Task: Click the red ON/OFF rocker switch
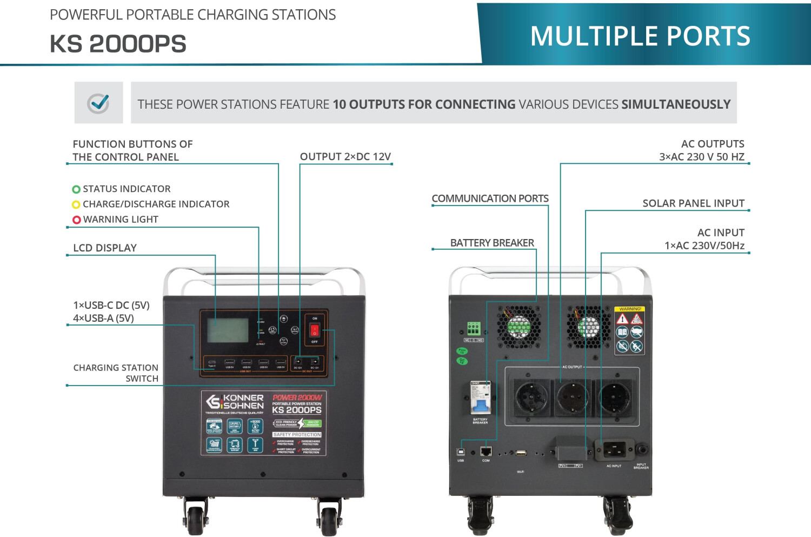pyautogui.click(x=315, y=330)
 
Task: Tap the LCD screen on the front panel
pyautogui.click(x=228, y=330)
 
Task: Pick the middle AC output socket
pyautogui.click(x=572, y=397)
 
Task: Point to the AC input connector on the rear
pyautogui.click(x=614, y=449)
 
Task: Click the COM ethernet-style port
pyautogui.click(x=486, y=452)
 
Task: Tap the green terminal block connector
pyautogui.click(x=474, y=329)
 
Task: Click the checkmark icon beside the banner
pyautogui.click(x=99, y=103)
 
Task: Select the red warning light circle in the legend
pyautogui.click(x=76, y=220)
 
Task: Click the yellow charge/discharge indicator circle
pyautogui.click(x=76, y=204)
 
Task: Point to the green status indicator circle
pyautogui.click(x=76, y=189)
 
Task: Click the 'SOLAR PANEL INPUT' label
pyautogui.click(x=693, y=203)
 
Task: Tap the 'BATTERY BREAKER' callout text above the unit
pyautogui.click(x=492, y=243)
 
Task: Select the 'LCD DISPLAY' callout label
pyautogui.click(x=105, y=248)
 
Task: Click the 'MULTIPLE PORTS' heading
pyautogui.click(x=640, y=36)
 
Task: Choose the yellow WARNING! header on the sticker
pyautogui.click(x=630, y=309)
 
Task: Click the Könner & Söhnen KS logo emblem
pyautogui.click(x=214, y=402)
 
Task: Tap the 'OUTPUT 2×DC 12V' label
pyautogui.click(x=345, y=156)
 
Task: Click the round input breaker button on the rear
pyautogui.click(x=642, y=449)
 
